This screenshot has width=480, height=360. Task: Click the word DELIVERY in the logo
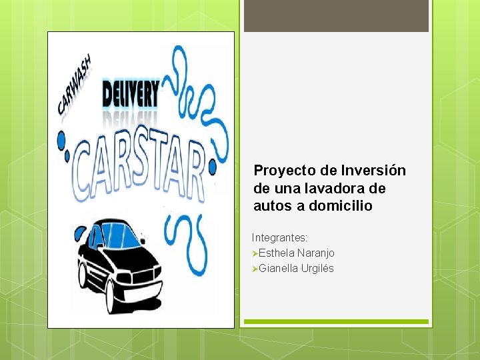point(131,93)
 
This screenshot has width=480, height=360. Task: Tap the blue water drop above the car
point(81,233)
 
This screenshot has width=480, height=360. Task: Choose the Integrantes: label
point(279,237)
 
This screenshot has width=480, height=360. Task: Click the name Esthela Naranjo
point(297,253)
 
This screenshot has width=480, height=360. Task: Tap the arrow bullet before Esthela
point(255,253)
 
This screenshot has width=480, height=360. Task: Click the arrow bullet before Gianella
point(255,269)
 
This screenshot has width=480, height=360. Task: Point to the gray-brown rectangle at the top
point(336,15)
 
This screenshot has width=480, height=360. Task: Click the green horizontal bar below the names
point(336,321)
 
